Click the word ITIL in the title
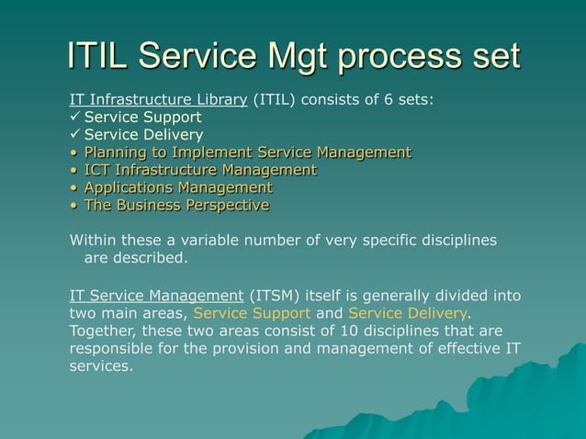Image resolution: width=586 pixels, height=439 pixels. click(x=97, y=56)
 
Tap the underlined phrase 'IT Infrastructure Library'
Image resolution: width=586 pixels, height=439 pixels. click(x=158, y=100)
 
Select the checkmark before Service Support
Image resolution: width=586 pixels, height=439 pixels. click(x=75, y=118)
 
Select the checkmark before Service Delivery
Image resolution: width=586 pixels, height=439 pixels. click(x=75, y=135)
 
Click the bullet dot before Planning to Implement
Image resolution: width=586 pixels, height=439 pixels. click(x=73, y=152)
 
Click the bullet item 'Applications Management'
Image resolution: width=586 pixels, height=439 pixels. click(x=178, y=187)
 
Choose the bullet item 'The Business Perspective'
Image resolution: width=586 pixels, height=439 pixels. click(x=176, y=205)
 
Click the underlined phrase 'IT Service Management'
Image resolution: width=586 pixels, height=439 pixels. click(x=155, y=295)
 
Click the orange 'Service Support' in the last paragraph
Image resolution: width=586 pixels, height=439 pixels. click(x=252, y=312)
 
